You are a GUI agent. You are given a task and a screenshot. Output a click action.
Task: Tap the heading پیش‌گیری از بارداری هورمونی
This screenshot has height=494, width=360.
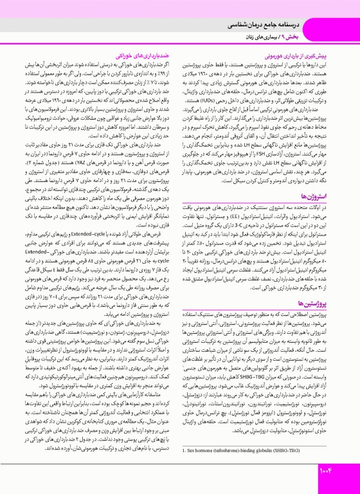pos(308,48)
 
